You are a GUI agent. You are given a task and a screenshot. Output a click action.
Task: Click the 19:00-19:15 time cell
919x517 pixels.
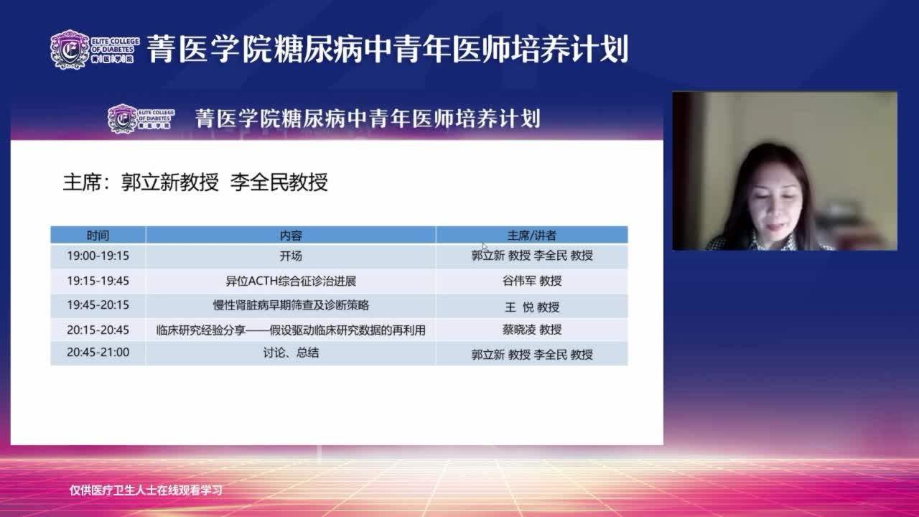tap(98, 256)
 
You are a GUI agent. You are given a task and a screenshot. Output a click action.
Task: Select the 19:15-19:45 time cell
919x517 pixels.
tap(98, 281)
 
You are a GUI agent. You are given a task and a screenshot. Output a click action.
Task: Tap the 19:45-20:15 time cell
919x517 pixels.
tap(98, 305)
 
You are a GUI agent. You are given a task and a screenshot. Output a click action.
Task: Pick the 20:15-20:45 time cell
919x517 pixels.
tap(98, 330)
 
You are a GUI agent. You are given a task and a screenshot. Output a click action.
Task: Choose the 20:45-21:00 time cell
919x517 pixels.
tap(98, 353)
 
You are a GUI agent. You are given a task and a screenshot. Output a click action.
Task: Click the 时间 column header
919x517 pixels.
tap(98, 235)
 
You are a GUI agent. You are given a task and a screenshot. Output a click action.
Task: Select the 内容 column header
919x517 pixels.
tap(291, 235)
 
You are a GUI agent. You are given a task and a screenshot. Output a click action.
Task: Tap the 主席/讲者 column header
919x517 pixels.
tap(532, 235)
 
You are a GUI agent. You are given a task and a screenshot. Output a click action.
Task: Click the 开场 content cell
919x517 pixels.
tap(291, 256)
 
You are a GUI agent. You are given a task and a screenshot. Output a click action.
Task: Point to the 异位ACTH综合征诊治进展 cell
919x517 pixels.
tap(291, 281)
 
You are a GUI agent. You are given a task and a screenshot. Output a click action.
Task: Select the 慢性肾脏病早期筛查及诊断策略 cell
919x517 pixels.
tap(291, 305)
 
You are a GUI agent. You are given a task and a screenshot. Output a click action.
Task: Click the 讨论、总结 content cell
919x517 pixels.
tap(291, 353)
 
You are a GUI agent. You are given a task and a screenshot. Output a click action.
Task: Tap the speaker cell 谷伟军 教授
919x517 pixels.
tap(532, 281)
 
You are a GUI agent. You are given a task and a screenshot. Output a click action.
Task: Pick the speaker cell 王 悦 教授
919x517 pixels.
tap(532, 307)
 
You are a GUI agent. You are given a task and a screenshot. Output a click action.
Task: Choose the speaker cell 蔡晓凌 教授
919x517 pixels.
tap(532, 330)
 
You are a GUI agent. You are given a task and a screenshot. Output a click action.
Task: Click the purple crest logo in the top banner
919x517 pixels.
tap(70, 50)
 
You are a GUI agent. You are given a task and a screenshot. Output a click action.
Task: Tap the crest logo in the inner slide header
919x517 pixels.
tap(122, 118)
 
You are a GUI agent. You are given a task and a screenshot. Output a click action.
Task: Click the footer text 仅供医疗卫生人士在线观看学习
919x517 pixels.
tap(146, 490)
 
